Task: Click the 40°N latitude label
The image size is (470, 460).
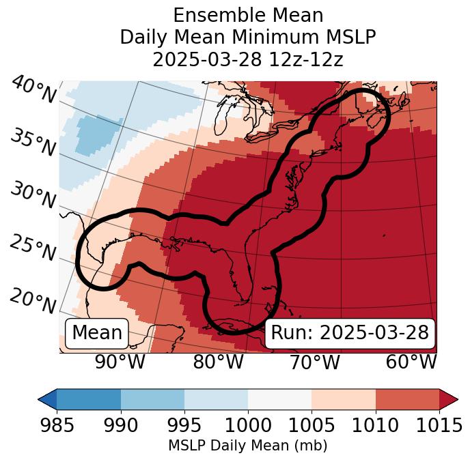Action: click(33, 91)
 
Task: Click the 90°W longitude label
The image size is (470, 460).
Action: click(120, 362)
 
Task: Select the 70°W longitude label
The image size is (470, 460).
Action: click(314, 362)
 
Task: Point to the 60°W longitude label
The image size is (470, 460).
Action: click(411, 362)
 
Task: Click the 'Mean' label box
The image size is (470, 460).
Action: click(97, 333)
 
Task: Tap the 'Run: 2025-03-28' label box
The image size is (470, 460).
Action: click(350, 333)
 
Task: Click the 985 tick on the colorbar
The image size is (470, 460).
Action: click(57, 425)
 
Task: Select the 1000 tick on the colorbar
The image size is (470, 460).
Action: click(248, 425)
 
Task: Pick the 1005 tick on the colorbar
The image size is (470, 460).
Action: click(312, 425)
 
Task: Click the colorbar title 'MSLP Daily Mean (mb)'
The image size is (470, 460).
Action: click(247, 446)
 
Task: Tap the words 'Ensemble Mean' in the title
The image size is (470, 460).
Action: click(247, 16)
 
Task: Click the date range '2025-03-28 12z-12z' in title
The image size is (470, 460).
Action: click(247, 59)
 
